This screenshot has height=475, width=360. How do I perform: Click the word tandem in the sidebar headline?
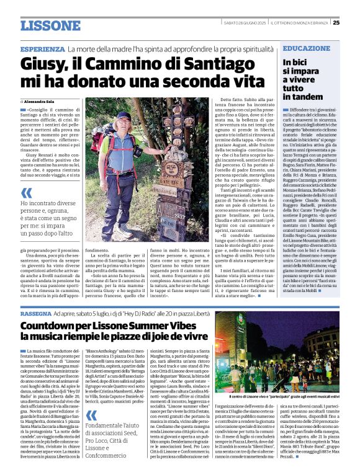click(x=304, y=97)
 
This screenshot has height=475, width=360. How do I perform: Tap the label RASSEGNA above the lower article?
click(x=36, y=315)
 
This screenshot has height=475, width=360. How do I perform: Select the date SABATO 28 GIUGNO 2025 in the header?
click(x=241, y=24)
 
